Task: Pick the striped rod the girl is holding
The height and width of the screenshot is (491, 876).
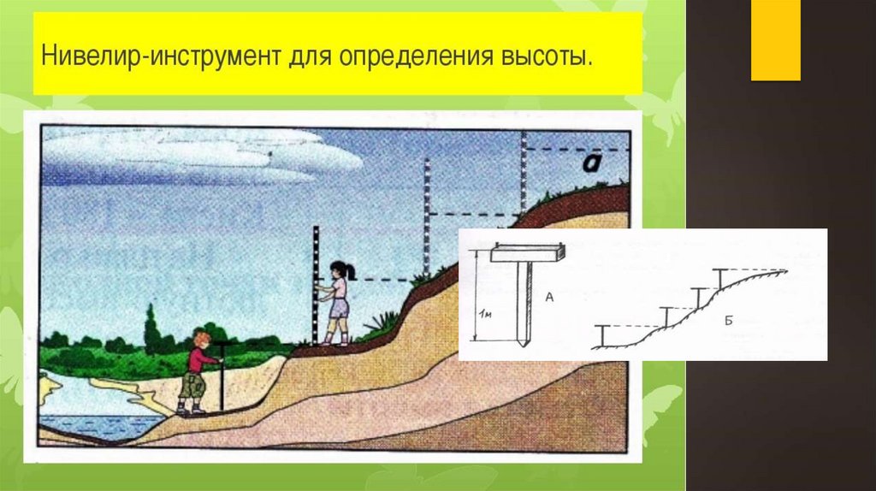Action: (x=315, y=282)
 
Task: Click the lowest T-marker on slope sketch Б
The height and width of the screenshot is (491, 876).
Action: (x=604, y=334)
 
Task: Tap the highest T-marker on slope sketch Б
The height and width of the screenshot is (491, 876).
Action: (x=721, y=278)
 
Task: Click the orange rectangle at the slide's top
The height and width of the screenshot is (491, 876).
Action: (x=775, y=40)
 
